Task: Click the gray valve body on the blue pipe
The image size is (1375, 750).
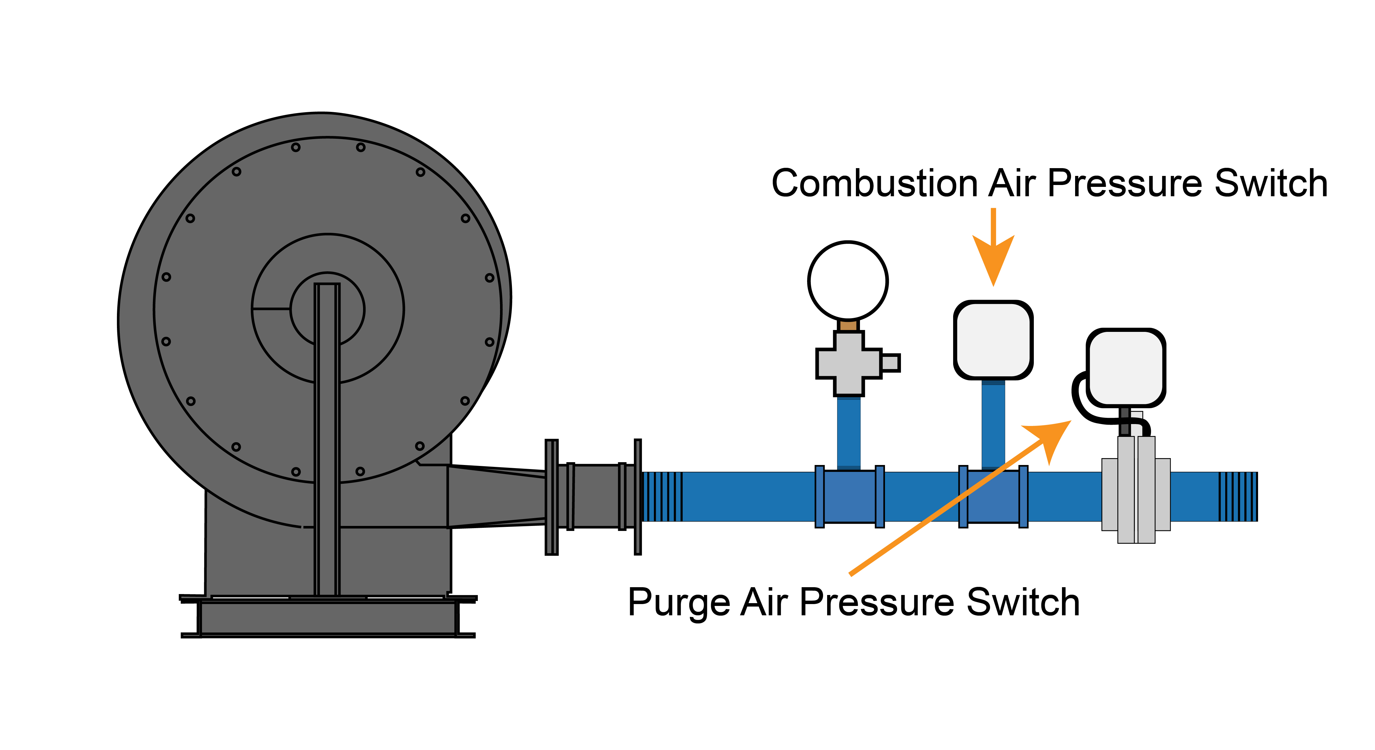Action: [1136, 493]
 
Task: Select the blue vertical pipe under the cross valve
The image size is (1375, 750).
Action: [848, 432]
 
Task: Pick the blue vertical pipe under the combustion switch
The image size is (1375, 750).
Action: [993, 424]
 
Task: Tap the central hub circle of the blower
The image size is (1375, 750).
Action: [327, 309]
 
